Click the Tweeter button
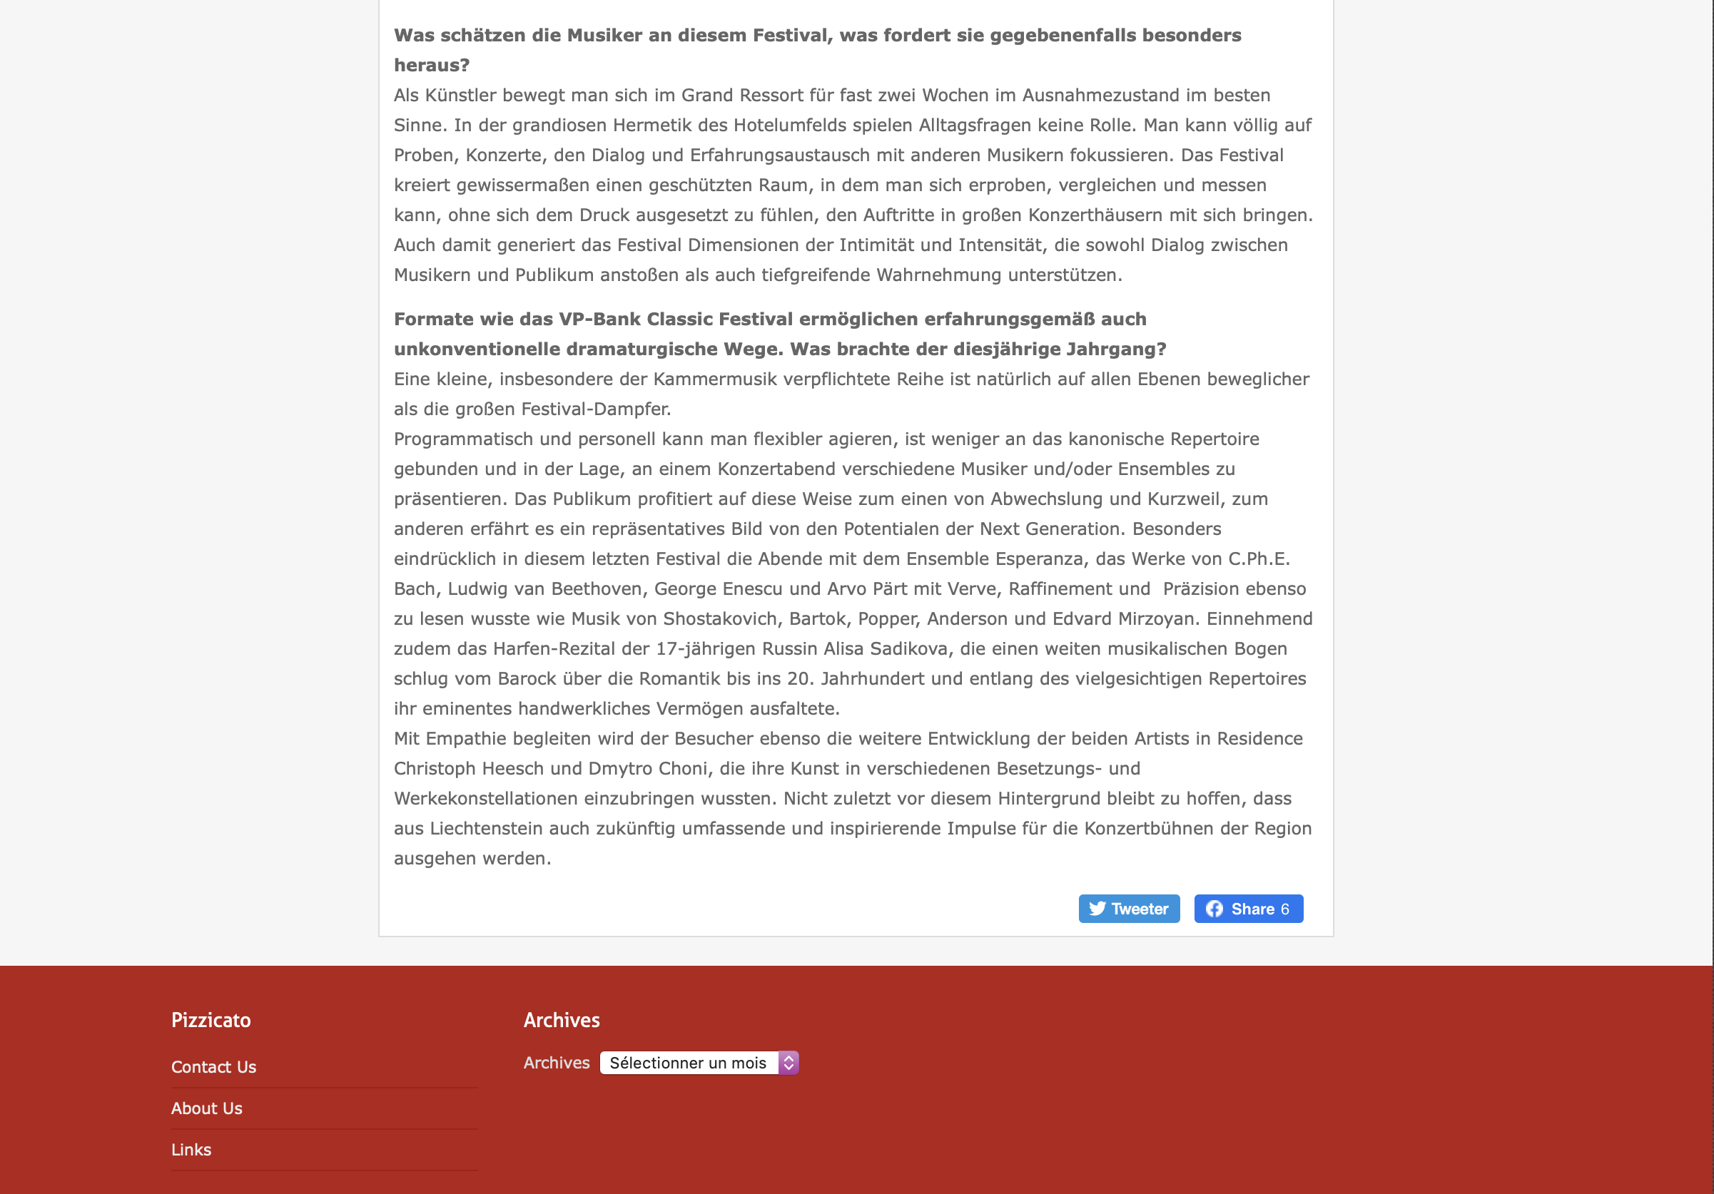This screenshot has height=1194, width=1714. [x=1129, y=909]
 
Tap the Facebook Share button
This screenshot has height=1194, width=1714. [x=1248, y=909]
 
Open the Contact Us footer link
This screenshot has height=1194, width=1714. [x=213, y=1067]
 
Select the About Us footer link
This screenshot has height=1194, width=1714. [x=207, y=1108]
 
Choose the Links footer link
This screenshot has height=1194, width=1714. [x=191, y=1150]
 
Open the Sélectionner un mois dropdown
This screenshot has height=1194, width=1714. [x=699, y=1063]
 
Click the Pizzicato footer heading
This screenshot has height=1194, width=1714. [x=211, y=1020]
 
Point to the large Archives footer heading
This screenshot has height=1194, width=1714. [x=562, y=1020]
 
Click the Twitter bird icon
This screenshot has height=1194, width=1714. [x=1097, y=909]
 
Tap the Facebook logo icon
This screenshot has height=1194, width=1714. [x=1214, y=909]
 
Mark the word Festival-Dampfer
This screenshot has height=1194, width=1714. [x=596, y=409]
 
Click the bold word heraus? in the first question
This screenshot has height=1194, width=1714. [x=432, y=66]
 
